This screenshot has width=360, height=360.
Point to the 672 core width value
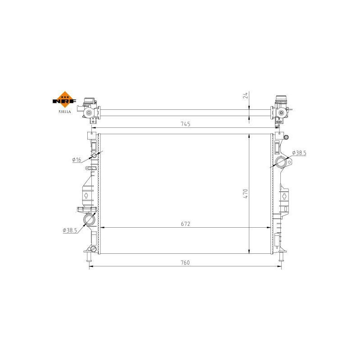(186, 223)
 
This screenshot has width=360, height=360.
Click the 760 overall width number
(186, 262)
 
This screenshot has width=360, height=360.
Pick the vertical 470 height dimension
(246, 193)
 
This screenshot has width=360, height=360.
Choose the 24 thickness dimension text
(246, 95)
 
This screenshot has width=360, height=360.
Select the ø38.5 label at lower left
(70, 230)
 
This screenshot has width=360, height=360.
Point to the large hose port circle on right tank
(282, 162)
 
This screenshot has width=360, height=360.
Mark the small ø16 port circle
(94, 156)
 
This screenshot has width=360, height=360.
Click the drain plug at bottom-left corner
(93, 249)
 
